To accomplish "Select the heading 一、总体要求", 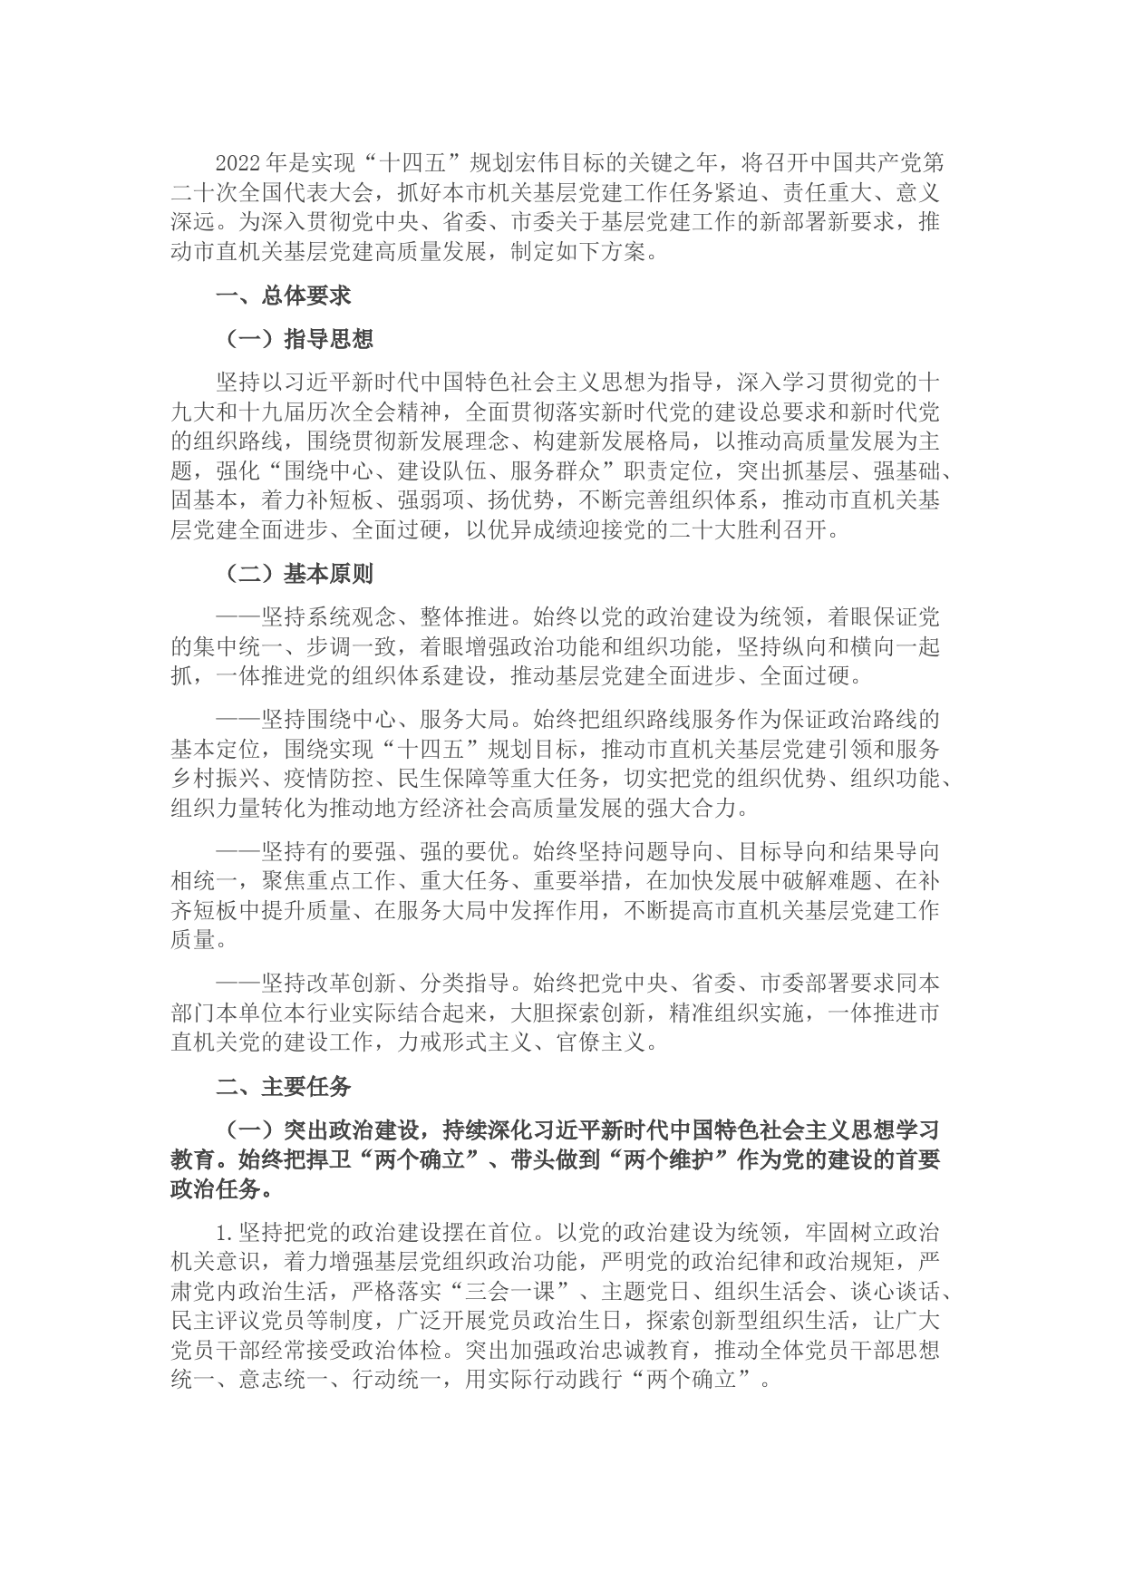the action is pyautogui.click(x=283, y=296).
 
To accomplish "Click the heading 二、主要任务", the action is pyautogui.click(x=283, y=1086).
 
